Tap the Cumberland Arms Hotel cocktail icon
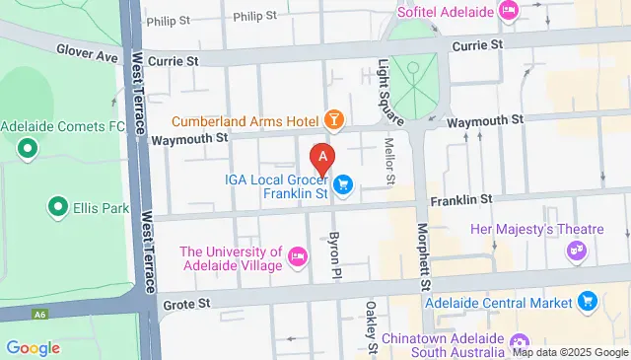(x=335, y=121)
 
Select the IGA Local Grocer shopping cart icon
(x=343, y=183)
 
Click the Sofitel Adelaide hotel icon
(x=509, y=12)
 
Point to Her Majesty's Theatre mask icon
(x=580, y=252)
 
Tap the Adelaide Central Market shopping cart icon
(x=589, y=302)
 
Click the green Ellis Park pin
(x=56, y=208)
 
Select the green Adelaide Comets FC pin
(x=27, y=149)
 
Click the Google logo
(x=33, y=348)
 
